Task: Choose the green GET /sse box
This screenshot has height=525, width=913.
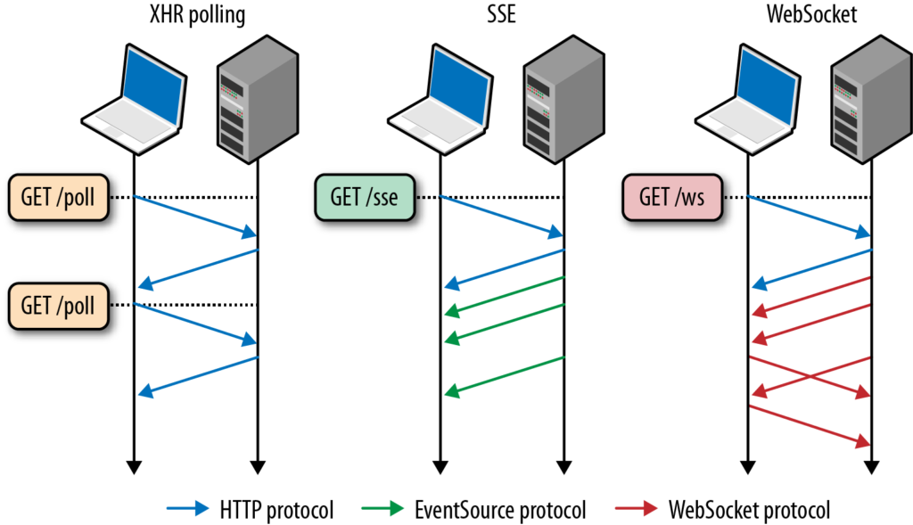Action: pos(363,197)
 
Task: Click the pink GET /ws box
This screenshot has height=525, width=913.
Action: pos(670,197)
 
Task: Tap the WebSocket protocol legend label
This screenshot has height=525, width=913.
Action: pos(749,510)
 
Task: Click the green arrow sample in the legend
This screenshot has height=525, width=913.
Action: pos(388,510)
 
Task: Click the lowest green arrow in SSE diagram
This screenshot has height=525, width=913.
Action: pos(505,374)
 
